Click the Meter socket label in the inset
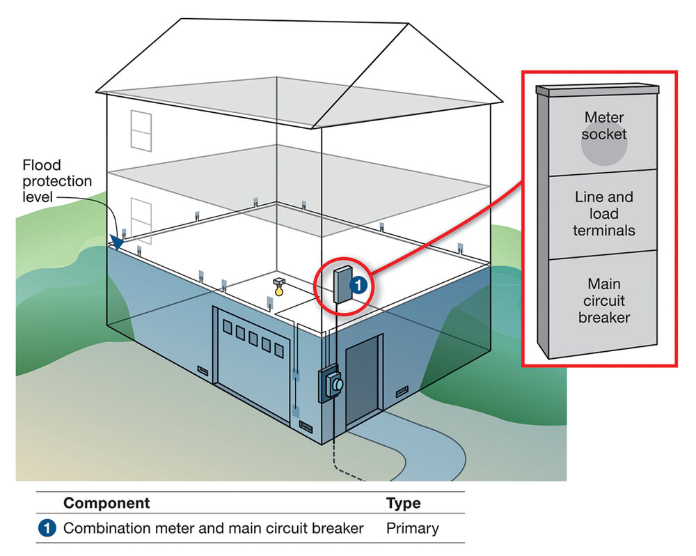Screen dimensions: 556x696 [x=604, y=126]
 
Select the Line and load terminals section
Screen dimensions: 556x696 [x=603, y=213]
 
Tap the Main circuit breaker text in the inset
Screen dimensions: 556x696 [x=603, y=301]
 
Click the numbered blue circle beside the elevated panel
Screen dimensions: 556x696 [x=356, y=284]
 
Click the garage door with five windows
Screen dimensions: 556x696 [x=253, y=362]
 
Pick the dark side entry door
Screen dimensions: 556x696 [x=363, y=380]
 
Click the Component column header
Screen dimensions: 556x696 [x=106, y=503]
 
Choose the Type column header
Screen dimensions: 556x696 [x=403, y=503]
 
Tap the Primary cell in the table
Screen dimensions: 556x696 [x=412, y=528]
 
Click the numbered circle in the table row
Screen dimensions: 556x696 [x=47, y=528]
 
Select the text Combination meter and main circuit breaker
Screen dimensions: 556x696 [x=213, y=528]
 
